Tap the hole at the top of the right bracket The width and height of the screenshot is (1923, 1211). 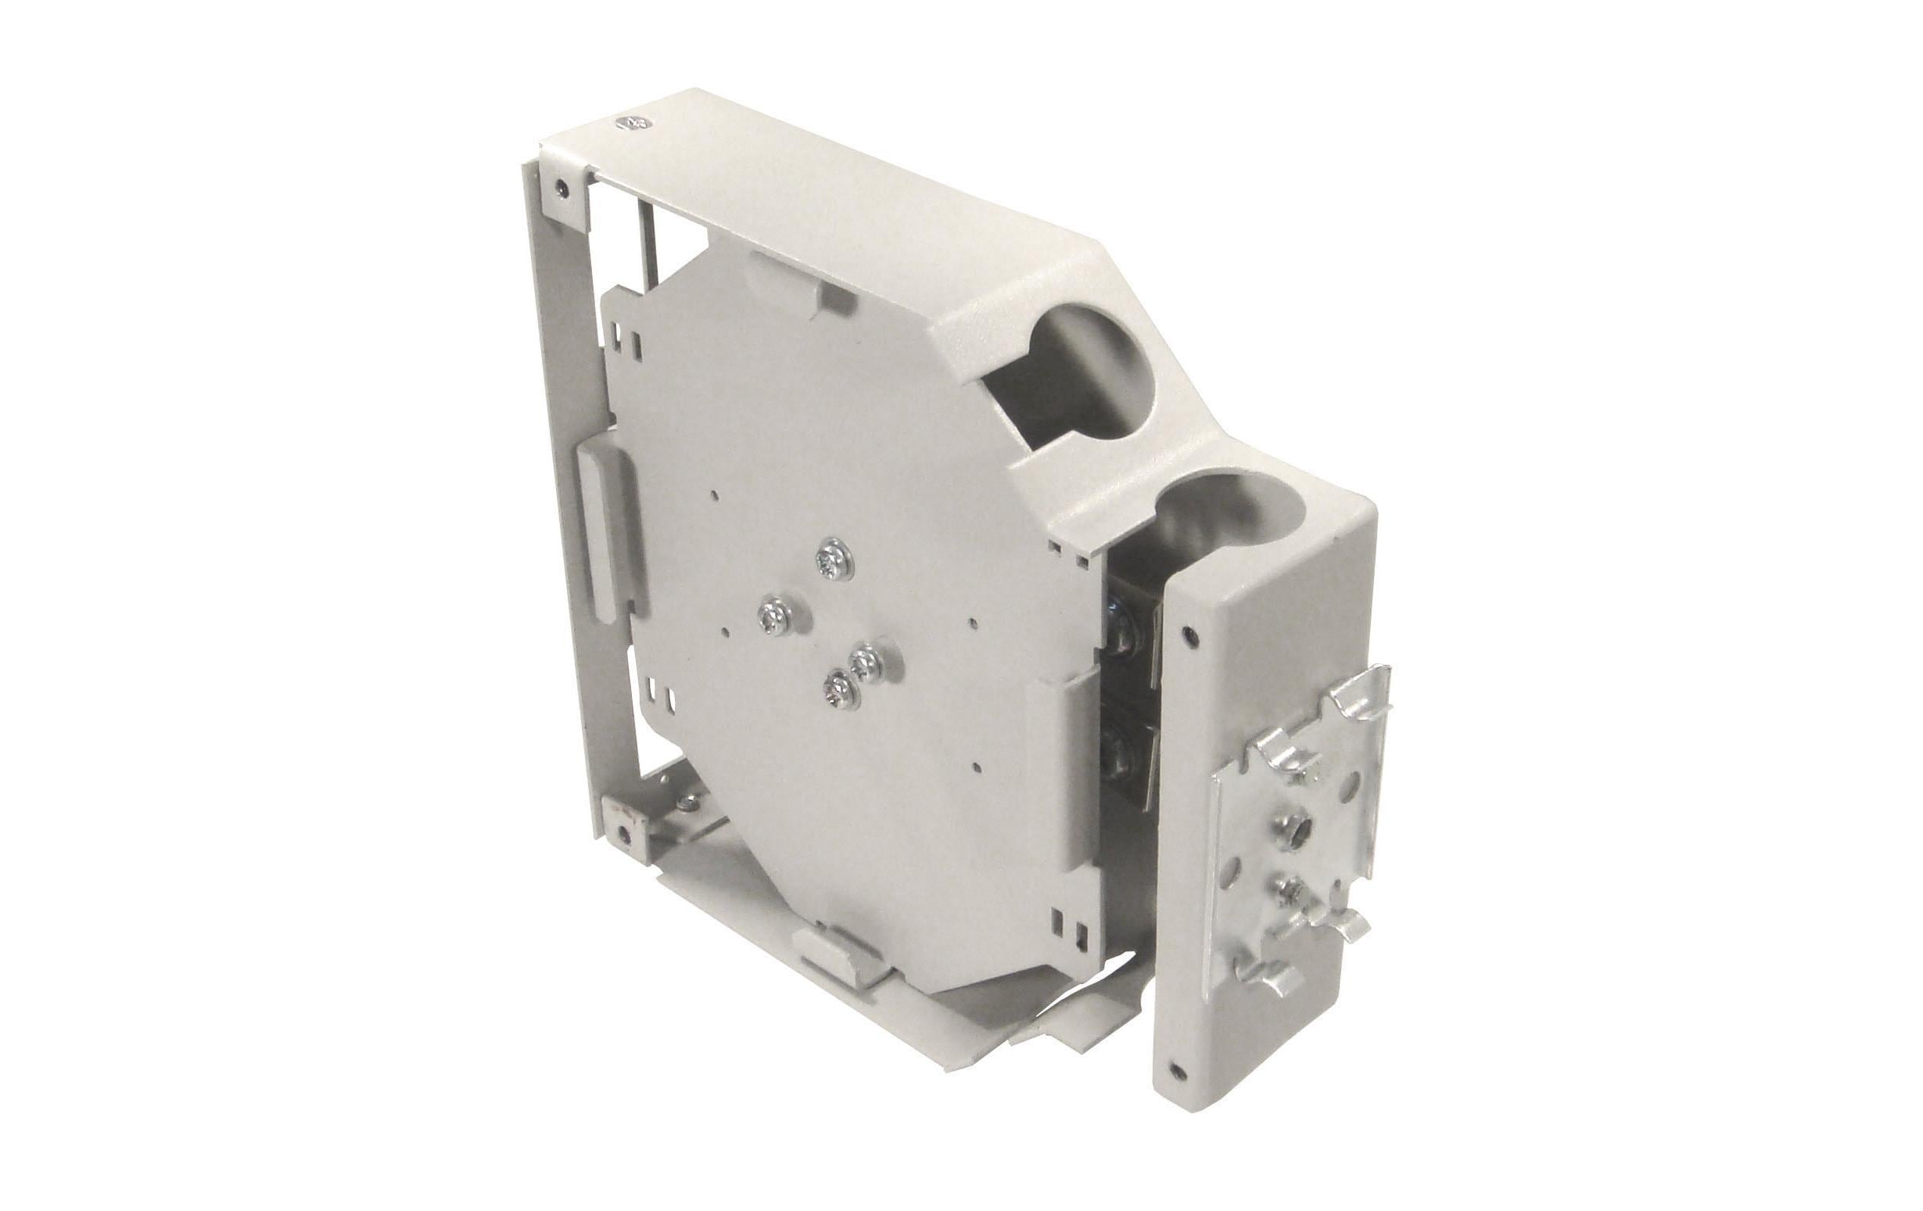(x=1193, y=635)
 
